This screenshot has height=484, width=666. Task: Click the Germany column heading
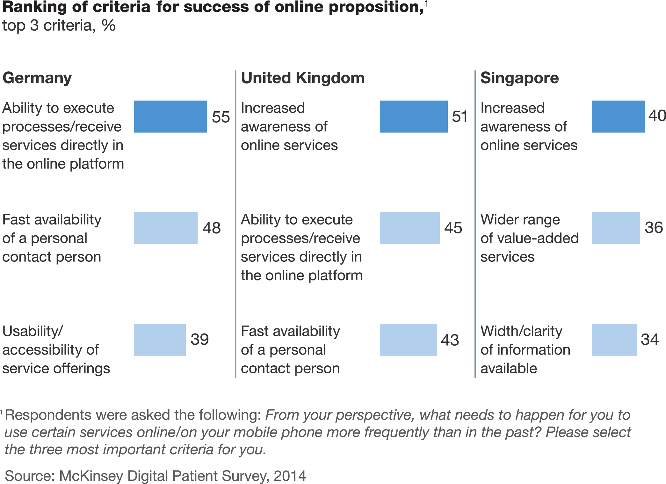point(37,78)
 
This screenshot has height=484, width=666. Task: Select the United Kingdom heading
point(302,78)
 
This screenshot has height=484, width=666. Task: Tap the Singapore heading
point(519,78)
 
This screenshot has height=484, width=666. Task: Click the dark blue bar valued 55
point(170,116)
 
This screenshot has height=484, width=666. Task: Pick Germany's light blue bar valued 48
point(166,228)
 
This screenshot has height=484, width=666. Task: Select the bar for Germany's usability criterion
point(160,340)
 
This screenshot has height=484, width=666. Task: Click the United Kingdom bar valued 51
point(414,116)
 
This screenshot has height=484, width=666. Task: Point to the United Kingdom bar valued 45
point(409,228)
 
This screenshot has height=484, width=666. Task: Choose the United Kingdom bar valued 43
point(408,340)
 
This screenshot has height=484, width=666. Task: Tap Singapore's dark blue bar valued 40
point(618,116)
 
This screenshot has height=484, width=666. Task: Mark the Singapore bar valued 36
point(616,228)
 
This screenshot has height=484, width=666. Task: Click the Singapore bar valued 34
point(614,340)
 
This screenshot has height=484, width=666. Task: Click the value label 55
point(221,117)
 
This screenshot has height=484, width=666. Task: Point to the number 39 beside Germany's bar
point(200,339)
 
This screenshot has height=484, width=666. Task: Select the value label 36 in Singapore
point(654,228)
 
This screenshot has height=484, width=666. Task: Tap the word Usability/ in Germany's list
point(33,332)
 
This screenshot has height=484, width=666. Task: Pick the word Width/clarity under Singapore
point(521,332)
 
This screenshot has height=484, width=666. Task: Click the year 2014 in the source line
point(290,476)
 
